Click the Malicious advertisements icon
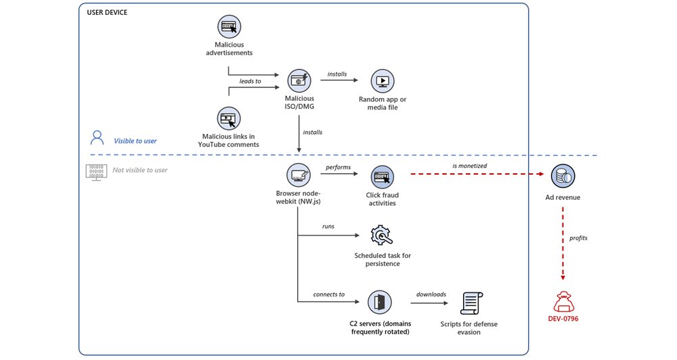click(230, 27)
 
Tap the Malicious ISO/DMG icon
click(299, 81)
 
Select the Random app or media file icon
click(383, 82)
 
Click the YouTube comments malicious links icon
click(230, 118)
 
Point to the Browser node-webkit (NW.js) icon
click(299, 175)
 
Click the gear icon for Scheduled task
click(382, 235)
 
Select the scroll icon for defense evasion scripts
click(471, 304)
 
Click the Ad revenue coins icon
click(563, 176)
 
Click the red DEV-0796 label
click(563, 317)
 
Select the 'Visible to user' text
click(135, 141)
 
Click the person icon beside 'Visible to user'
click(97, 139)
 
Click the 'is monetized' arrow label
click(469, 165)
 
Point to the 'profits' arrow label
click(579, 238)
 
